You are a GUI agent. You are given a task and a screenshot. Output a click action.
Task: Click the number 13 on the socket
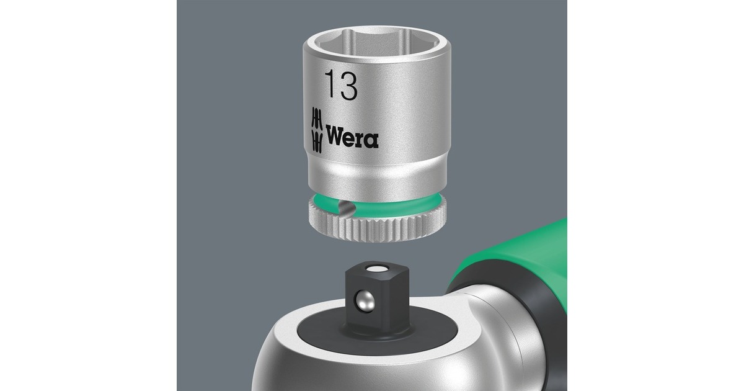[342, 86]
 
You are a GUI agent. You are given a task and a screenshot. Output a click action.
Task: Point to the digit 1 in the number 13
[330, 86]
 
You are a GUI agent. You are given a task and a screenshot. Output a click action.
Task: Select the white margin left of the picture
[87, 195]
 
